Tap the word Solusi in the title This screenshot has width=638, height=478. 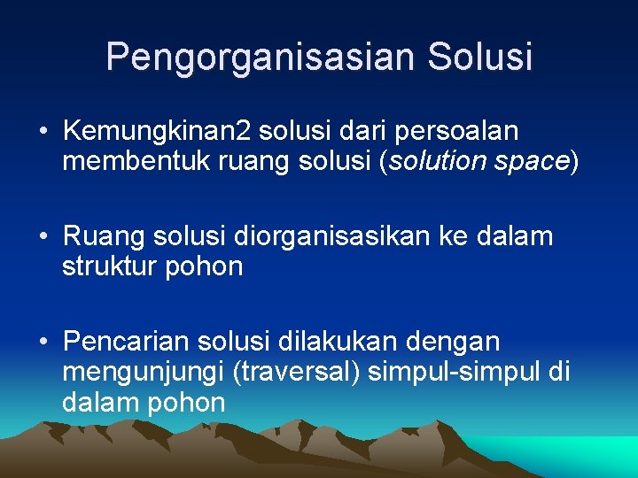[x=480, y=57]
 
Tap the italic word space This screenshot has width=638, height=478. [x=533, y=162]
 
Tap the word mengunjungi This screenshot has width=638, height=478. [x=143, y=372]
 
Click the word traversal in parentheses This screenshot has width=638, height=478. [x=296, y=372]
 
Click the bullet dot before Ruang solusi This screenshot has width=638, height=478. [x=43, y=237]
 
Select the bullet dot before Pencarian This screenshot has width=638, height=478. [x=43, y=342]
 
